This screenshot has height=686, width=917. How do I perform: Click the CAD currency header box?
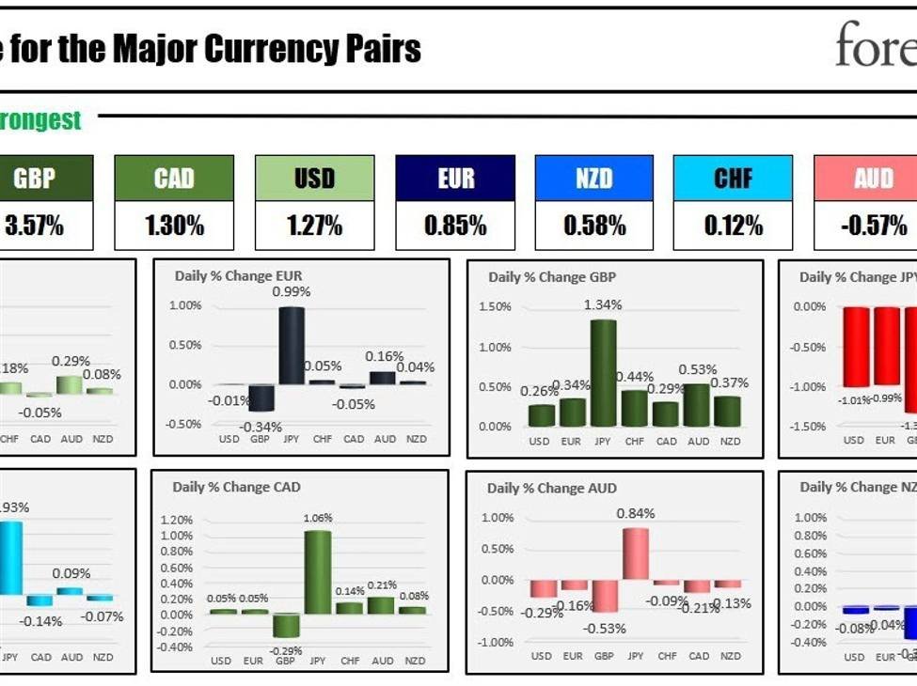click(174, 178)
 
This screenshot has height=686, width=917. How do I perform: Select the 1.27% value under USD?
click(314, 226)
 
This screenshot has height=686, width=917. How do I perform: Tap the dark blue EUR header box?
click(455, 178)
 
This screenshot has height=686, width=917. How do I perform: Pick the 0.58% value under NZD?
click(593, 226)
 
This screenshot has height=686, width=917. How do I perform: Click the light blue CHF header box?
click(733, 178)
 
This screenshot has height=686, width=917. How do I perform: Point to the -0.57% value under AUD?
click(873, 226)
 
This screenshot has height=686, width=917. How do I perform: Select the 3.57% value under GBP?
click(34, 226)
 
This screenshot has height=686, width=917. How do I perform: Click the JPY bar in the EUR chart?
click(291, 345)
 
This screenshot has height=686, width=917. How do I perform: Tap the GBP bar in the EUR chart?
click(261, 398)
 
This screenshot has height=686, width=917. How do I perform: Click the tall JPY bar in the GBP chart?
click(603, 373)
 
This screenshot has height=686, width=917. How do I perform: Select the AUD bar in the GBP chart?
click(698, 405)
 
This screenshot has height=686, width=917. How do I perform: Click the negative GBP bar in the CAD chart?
click(286, 626)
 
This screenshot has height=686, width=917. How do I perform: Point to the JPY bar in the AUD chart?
click(636, 553)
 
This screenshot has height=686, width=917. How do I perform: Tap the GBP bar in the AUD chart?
click(605, 596)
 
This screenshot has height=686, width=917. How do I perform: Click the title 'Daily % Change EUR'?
click(238, 276)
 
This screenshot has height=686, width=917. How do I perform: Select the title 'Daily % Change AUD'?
click(551, 488)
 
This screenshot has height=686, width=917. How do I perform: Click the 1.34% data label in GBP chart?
click(603, 305)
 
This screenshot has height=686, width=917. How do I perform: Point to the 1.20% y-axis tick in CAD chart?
click(177, 520)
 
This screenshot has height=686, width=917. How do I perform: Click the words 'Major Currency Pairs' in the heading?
click(266, 50)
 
